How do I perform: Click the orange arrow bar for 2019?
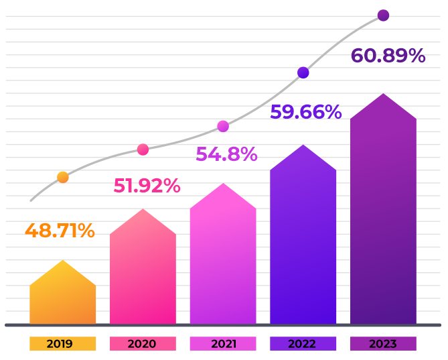pos(62,295)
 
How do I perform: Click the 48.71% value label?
pos(60,231)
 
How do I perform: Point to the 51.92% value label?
pos(147,186)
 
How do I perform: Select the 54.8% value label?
pos(226,154)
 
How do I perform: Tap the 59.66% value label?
pos(305,112)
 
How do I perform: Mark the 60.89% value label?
pos(388,56)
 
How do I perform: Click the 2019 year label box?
pos(62,344)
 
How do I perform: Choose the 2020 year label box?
pos(143,344)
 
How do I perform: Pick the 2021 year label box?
pos(223,344)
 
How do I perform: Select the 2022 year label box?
pos(303,344)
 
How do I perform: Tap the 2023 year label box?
pos(383,344)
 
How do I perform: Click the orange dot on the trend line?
pos(62,178)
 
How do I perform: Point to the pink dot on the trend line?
pos(143,149)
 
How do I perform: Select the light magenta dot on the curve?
pos(223,126)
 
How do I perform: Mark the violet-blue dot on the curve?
pos(303,72)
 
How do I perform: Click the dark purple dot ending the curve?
pos(383,15)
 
